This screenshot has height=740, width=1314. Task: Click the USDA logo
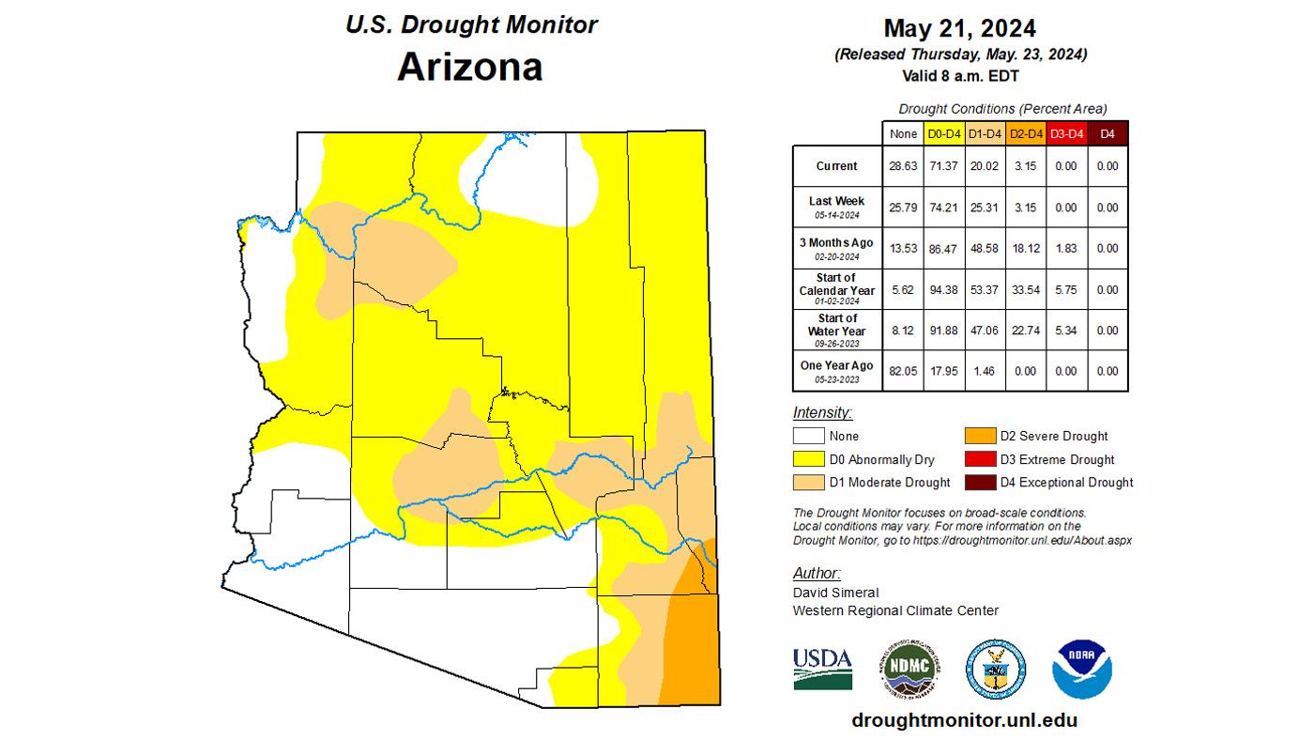coord(822,668)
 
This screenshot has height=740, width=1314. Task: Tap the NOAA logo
coord(1081,669)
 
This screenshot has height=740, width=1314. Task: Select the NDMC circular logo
coord(909,669)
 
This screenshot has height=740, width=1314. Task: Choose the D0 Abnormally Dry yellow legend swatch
coord(808,459)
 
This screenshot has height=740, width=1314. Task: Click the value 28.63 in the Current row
coord(903,166)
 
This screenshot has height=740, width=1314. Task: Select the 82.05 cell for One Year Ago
coord(903,371)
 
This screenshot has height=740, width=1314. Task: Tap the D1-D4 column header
coord(985,134)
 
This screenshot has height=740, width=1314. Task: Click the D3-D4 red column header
coord(1066,134)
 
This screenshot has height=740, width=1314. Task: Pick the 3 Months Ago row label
coord(836,248)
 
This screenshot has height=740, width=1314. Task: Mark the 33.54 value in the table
coord(1025,290)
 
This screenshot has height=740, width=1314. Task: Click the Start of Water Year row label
coord(836,330)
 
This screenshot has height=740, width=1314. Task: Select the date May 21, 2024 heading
coord(960,28)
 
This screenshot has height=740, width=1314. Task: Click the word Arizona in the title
coord(469,67)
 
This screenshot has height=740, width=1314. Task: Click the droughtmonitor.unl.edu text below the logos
coord(964,720)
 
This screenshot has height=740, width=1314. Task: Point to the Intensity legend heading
coord(822,412)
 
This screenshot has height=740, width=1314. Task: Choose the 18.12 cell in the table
coord(1025,248)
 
